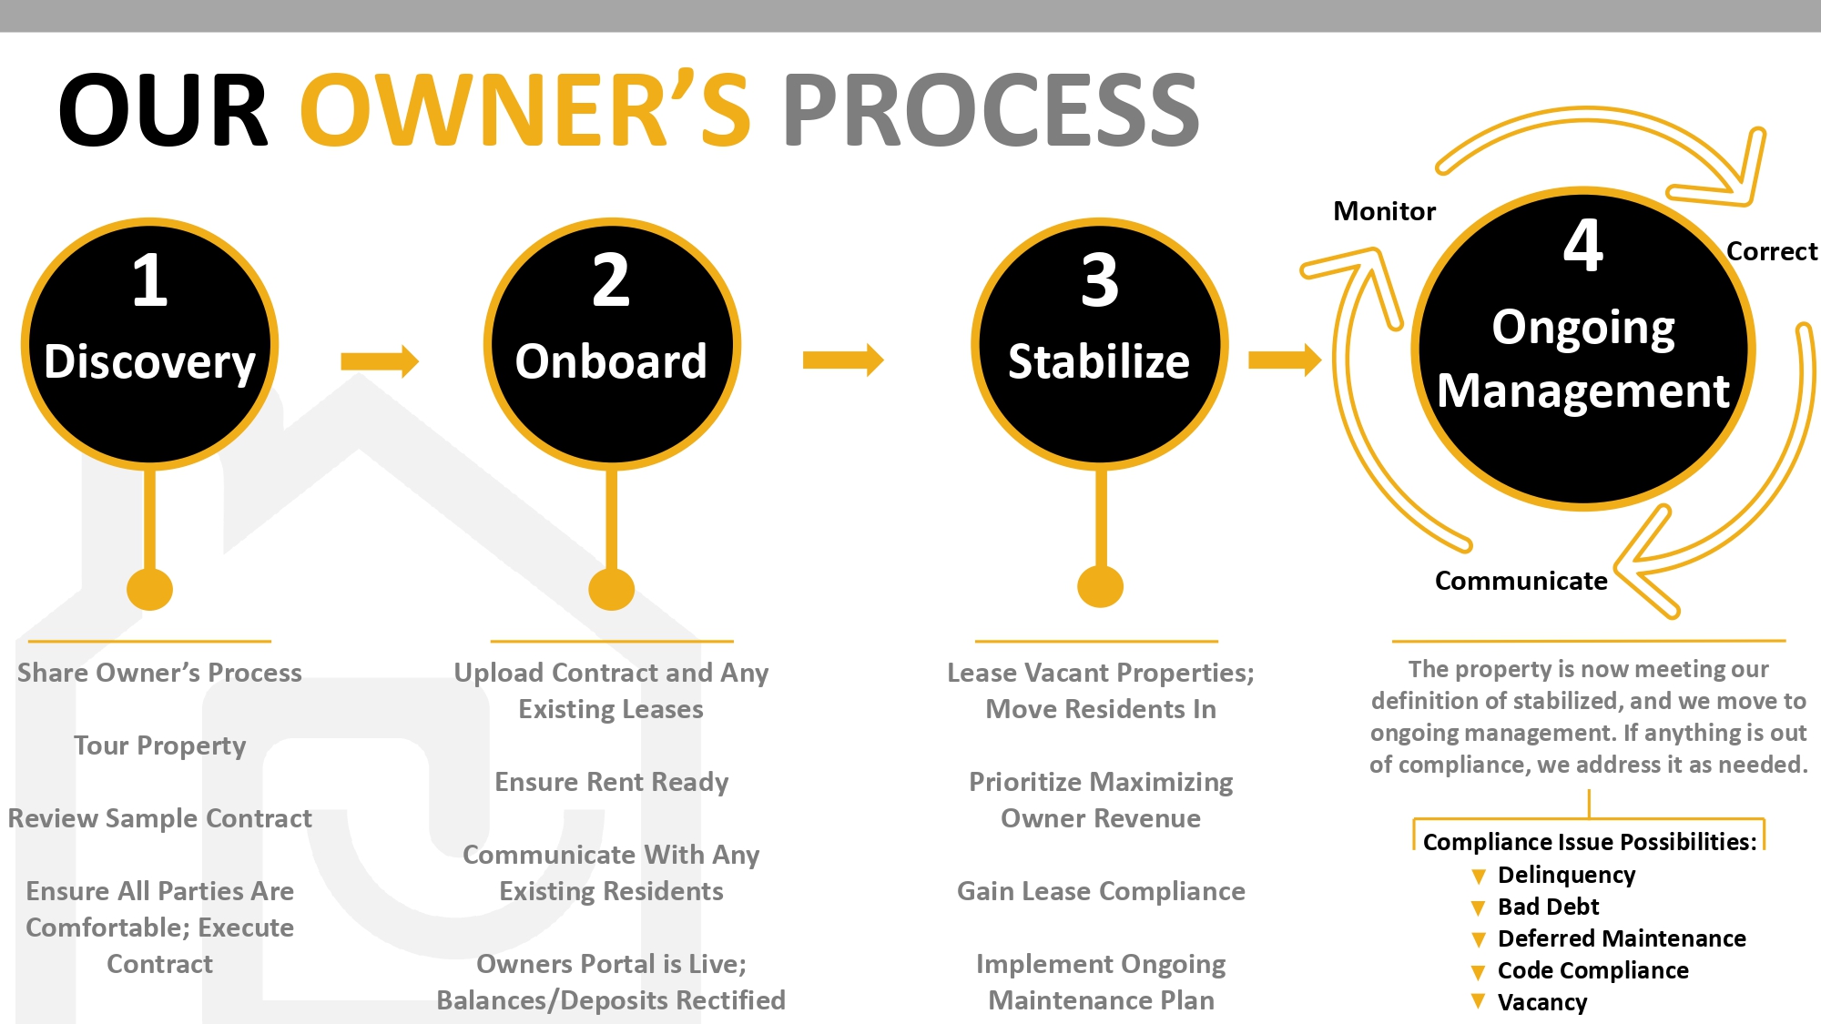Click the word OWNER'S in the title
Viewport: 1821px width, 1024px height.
[x=525, y=111]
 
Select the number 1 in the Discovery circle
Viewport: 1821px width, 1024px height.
[x=150, y=280]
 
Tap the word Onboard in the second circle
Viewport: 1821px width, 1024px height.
[x=611, y=361]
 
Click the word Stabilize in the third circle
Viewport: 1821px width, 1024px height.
[x=1099, y=361]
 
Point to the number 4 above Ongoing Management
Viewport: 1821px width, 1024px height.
[x=1583, y=246]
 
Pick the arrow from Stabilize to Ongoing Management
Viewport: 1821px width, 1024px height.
[x=1285, y=360]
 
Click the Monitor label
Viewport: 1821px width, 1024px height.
[x=1384, y=211]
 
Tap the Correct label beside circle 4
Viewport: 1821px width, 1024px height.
[x=1771, y=251]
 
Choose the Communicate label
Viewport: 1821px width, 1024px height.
[x=1521, y=581]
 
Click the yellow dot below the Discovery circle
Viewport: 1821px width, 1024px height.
[x=150, y=589]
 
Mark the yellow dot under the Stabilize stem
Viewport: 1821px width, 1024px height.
[x=1100, y=586]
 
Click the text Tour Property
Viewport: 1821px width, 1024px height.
[x=159, y=745]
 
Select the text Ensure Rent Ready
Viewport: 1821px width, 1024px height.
[x=611, y=782]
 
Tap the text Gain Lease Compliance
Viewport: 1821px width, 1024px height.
[x=1101, y=891]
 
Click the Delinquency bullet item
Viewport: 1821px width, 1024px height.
[x=1566, y=875]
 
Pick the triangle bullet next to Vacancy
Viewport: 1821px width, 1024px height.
[x=1478, y=1002]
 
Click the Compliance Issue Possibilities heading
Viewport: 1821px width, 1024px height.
[x=1589, y=842]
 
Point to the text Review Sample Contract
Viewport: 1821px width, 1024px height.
[x=159, y=818]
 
